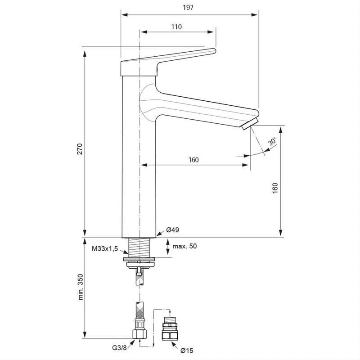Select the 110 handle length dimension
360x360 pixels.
(x=176, y=27)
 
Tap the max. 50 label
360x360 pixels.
(x=184, y=246)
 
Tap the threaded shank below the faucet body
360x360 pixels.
(x=140, y=246)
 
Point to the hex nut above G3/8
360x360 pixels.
(x=140, y=333)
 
